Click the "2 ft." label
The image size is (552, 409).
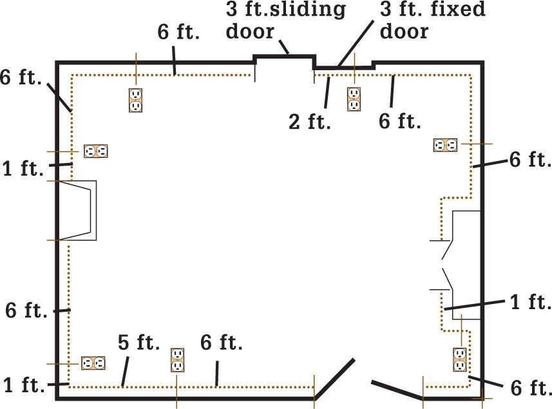click(310, 122)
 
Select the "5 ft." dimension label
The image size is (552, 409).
click(138, 342)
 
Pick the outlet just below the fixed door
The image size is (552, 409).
click(354, 99)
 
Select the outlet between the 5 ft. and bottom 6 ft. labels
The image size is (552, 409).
click(177, 360)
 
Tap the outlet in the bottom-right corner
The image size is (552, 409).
click(460, 359)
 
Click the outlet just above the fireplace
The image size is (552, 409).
click(96, 151)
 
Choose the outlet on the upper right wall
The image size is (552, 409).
click(445, 145)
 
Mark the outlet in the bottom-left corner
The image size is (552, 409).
click(93, 363)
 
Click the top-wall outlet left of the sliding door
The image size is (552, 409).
click(135, 100)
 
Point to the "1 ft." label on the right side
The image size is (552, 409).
click(531, 302)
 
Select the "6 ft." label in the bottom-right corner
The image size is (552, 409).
click(531, 388)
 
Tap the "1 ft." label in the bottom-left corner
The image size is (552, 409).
click(24, 385)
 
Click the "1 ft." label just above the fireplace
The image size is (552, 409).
click(23, 168)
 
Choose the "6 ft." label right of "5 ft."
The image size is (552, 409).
click(222, 342)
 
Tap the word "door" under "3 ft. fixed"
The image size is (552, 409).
click(404, 31)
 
